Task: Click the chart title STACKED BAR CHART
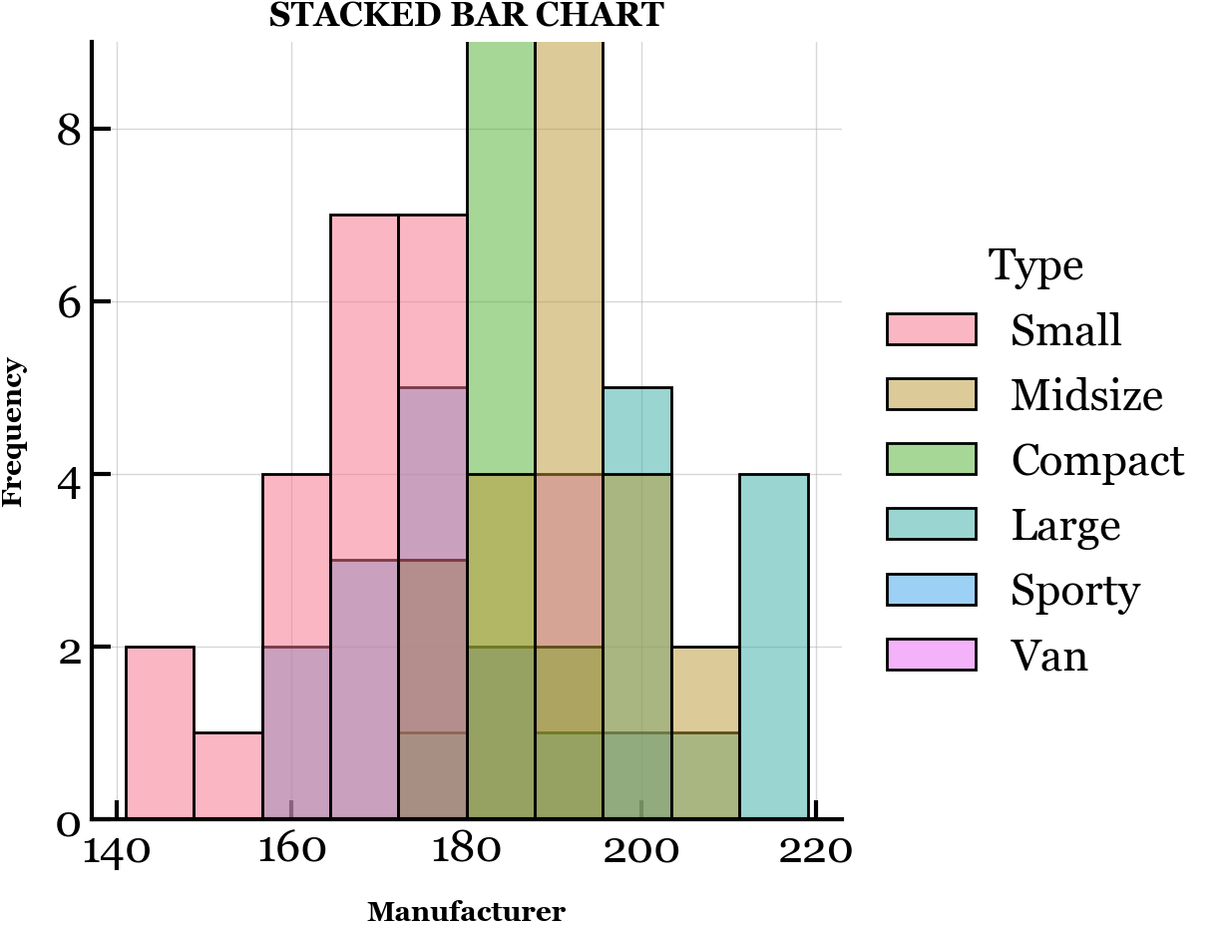pyautogui.click(x=466, y=16)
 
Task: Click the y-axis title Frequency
pyautogui.click(x=13, y=433)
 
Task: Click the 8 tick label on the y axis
pyautogui.click(x=68, y=130)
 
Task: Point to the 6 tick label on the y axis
pyautogui.click(x=68, y=302)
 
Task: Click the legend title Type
pyautogui.click(x=1035, y=266)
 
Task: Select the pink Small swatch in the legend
pyautogui.click(x=931, y=329)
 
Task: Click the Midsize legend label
pyautogui.click(x=1086, y=395)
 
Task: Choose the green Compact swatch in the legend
pyautogui.click(x=931, y=460)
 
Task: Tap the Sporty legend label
pyautogui.click(x=1074, y=591)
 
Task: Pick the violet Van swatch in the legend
pyautogui.click(x=931, y=656)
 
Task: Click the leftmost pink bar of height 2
pyautogui.click(x=160, y=732)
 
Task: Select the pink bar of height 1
pyautogui.click(x=228, y=775)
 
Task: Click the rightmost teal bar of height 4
pyautogui.click(x=774, y=647)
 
